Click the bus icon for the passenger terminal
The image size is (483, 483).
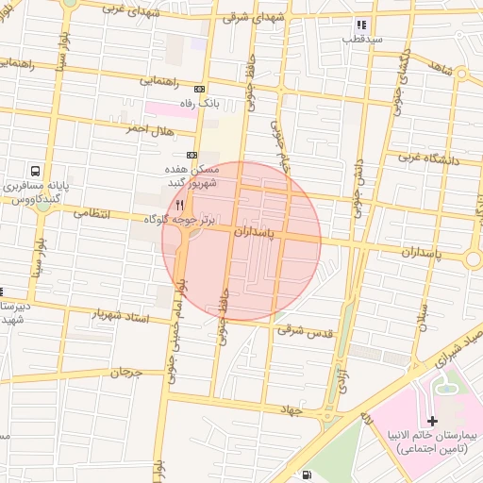35,172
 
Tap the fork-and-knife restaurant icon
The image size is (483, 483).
179,204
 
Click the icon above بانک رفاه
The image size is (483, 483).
199,89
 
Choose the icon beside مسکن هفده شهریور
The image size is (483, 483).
192,155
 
